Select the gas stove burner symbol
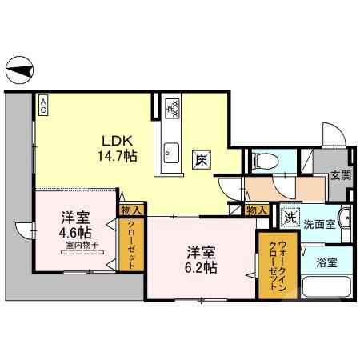click(171, 106)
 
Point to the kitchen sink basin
click(170, 148)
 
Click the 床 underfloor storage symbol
click(201, 158)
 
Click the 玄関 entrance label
click(339, 175)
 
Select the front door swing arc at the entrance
click(331, 134)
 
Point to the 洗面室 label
click(318, 225)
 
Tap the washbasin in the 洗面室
click(344, 218)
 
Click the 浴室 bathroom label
click(325, 262)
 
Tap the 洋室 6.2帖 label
click(198, 260)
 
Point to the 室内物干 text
click(82, 245)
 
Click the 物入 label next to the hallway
click(256, 210)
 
